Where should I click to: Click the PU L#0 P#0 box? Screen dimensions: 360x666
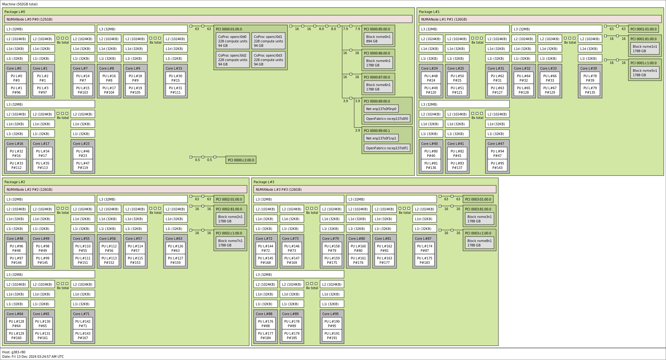[16, 78]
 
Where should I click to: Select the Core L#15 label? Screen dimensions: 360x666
[174, 68]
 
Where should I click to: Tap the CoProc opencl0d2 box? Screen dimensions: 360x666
[232, 59]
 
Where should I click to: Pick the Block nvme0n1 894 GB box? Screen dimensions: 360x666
[378, 39]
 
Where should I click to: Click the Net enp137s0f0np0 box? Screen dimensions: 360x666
[381, 109]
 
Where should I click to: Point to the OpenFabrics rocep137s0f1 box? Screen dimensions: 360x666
[387, 148]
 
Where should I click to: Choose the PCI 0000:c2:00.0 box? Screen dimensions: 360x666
[241, 160]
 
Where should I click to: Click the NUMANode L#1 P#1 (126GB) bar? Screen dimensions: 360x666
[540, 19]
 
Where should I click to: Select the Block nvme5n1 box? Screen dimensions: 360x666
[644, 73]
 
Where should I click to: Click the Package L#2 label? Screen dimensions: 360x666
[15, 182]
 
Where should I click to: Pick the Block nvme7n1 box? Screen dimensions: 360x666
[230, 243]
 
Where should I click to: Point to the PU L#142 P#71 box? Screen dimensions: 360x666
[83, 324]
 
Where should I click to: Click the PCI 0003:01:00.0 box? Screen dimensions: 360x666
[478, 199]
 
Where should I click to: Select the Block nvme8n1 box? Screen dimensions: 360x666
[479, 243]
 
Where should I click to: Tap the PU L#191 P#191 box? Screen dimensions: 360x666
[332, 336]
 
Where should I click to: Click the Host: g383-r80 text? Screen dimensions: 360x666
[14, 352]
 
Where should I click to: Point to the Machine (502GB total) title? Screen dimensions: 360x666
[20, 4]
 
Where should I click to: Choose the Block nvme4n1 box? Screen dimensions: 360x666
[378, 63]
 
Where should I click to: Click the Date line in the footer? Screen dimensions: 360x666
[33, 357]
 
